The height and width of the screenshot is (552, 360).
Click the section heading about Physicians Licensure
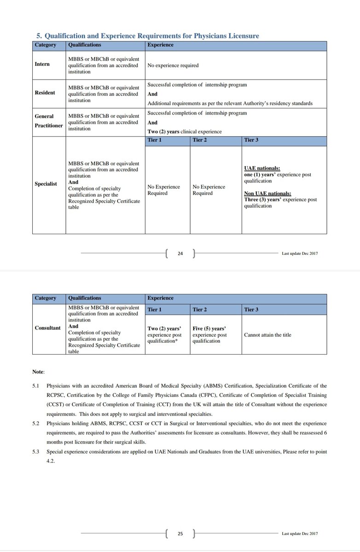coord(147,36)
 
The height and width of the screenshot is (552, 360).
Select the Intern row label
coord(42,64)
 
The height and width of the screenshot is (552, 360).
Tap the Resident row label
coord(45,92)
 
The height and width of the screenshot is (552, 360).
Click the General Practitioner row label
coord(48,121)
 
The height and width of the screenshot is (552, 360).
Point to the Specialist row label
coord(46,184)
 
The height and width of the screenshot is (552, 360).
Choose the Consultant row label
coord(47,328)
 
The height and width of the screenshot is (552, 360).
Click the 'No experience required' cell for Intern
coord(173,65)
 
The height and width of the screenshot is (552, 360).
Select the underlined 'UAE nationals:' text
coord(262,169)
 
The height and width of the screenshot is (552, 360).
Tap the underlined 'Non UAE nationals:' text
coord(267,193)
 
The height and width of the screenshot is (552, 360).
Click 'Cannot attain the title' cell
coord(267,335)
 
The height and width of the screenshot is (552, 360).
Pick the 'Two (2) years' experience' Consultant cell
coord(164,335)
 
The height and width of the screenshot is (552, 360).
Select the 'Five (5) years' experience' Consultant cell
coord(209,335)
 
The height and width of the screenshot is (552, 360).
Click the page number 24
coord(180,253)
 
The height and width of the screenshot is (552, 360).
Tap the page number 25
coord(180,534)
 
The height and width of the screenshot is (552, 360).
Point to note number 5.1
coord(36,385)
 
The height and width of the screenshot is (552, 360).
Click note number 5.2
coord(36,423)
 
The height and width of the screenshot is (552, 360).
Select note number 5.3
coord(36,452)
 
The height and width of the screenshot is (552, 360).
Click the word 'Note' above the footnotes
coord(37,371)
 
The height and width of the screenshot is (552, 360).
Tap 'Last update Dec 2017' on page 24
coord(300,253)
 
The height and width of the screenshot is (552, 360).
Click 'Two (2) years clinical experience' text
coord(184,132)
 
